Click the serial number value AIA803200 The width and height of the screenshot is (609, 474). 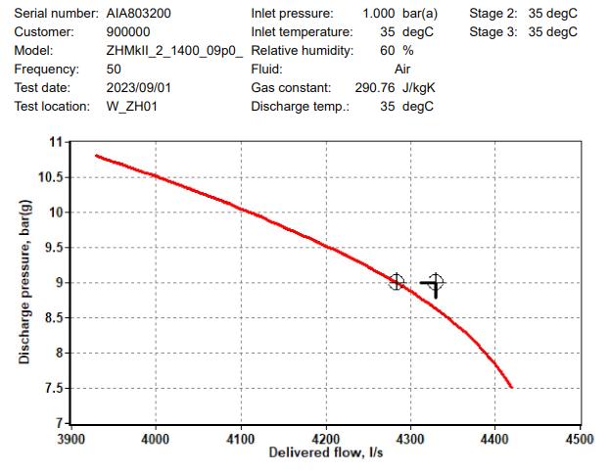click(138, 14)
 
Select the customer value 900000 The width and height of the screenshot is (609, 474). click(128, 32)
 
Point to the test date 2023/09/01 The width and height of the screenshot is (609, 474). click(139, 88)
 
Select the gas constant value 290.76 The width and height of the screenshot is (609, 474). click(373, 88)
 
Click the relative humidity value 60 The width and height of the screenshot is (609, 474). click(387, 51)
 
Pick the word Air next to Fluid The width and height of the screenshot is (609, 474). click(402, 70)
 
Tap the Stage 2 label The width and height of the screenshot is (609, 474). click(495, 14)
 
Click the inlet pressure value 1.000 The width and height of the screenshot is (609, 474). click(379, 14)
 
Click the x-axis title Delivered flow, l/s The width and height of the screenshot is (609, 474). click(327, 452)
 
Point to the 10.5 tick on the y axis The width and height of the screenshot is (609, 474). click(47, 177)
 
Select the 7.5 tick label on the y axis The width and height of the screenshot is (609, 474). click(51, 388)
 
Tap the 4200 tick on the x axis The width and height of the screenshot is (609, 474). click(325, 440)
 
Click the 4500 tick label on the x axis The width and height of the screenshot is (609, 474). click(580, 440)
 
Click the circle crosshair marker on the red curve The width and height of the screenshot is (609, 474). click(396, 282)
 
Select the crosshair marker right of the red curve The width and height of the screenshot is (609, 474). click(435, 283)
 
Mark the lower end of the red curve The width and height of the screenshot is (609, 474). click(511, 387)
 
